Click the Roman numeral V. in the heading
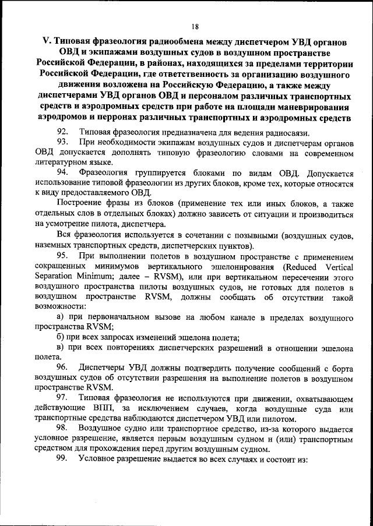[x=47, y=44]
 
